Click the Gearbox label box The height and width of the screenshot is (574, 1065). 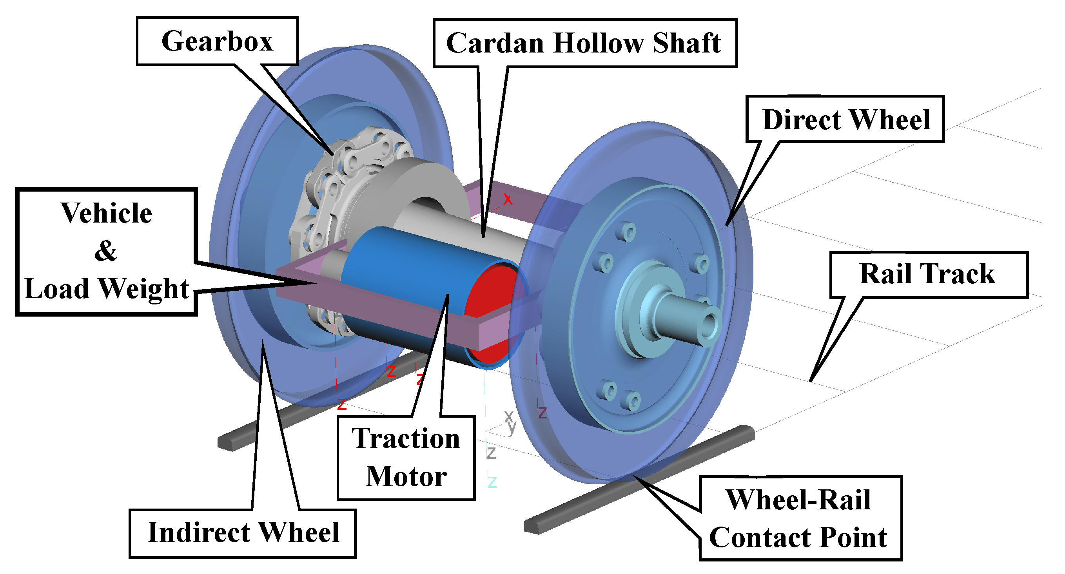218,41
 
